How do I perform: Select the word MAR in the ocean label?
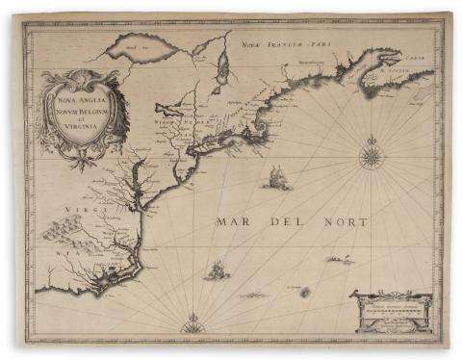tap(235, 222)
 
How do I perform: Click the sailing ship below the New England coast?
tap(277, 177)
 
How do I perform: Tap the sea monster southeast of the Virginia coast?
tap(217, 270)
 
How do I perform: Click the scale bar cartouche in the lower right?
tap(389, 310)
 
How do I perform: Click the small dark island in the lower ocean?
tap(305, 292)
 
